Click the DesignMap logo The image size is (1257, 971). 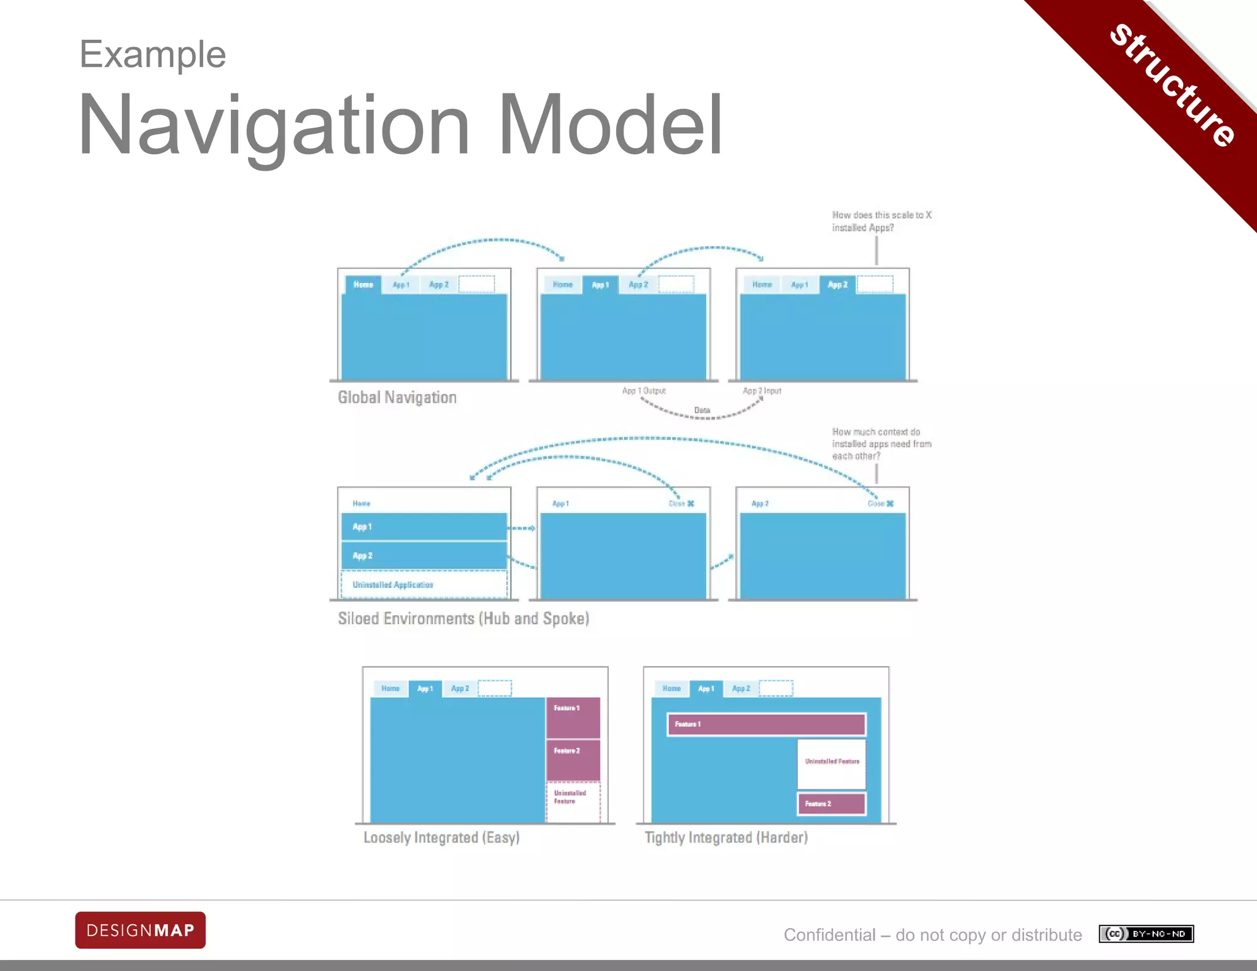[x=140, y=930]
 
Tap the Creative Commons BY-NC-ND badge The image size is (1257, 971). [x=1146, y=934]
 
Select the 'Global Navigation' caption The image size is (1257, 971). [x=397, y=398]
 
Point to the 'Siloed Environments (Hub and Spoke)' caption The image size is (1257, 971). [x=463, y=619]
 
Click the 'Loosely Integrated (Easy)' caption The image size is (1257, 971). [x=441, y=838]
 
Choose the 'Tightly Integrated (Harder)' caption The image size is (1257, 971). [x=726, y=838]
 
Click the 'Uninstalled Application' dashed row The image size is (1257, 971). [x=424, y=585]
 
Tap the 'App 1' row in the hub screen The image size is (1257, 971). [x=424, y=527]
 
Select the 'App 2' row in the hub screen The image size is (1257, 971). [x=424, y=555]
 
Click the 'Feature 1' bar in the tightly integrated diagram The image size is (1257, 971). [x=767, y=724]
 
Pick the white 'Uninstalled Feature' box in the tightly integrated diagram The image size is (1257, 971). [x=832, y=763]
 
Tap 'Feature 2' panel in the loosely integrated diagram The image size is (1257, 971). [x=573, y=759]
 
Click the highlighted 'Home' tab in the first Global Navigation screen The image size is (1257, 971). [x=363, y=285]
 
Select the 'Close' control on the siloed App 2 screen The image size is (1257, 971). [x=880, y=504]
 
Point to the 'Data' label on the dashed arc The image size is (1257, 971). [x=702, y=410]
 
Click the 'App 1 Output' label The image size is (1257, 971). [x=644, y=391]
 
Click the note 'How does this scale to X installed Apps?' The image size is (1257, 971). [x=881, y=221]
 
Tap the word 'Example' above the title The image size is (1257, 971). [x=153, y=54]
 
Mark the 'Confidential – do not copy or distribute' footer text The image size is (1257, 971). [x=932, y=935]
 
